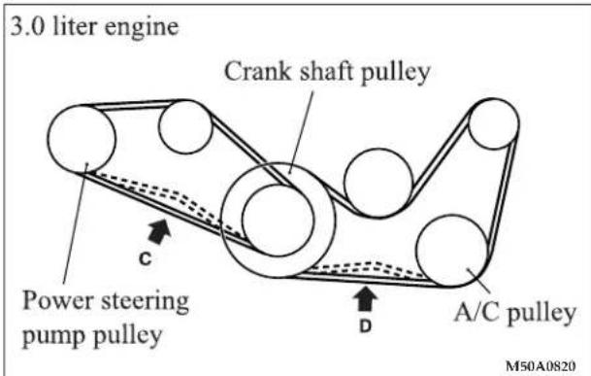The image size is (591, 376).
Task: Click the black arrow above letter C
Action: point(159,231)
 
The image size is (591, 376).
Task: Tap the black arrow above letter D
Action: point(365,298)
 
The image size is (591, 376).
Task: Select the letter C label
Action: point(146,259)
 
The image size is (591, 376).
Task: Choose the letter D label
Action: point(365,326)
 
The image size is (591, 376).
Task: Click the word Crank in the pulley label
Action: point(258,71)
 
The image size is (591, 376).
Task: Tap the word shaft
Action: point(326,71)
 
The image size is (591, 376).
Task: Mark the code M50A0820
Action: point(541,365)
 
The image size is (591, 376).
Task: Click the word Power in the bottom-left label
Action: point(58,300)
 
